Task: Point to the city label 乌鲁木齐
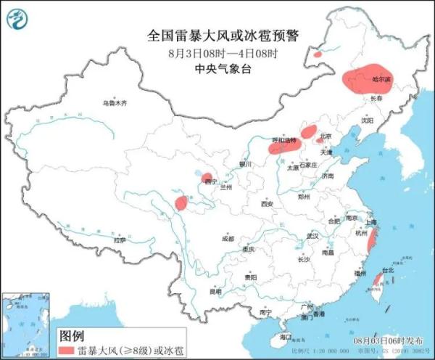114,104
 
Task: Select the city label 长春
376,98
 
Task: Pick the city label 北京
326,136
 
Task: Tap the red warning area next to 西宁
207,178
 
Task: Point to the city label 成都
228,238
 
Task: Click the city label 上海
371,222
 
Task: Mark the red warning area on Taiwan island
377,282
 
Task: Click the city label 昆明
215,291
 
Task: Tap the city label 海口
285,337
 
